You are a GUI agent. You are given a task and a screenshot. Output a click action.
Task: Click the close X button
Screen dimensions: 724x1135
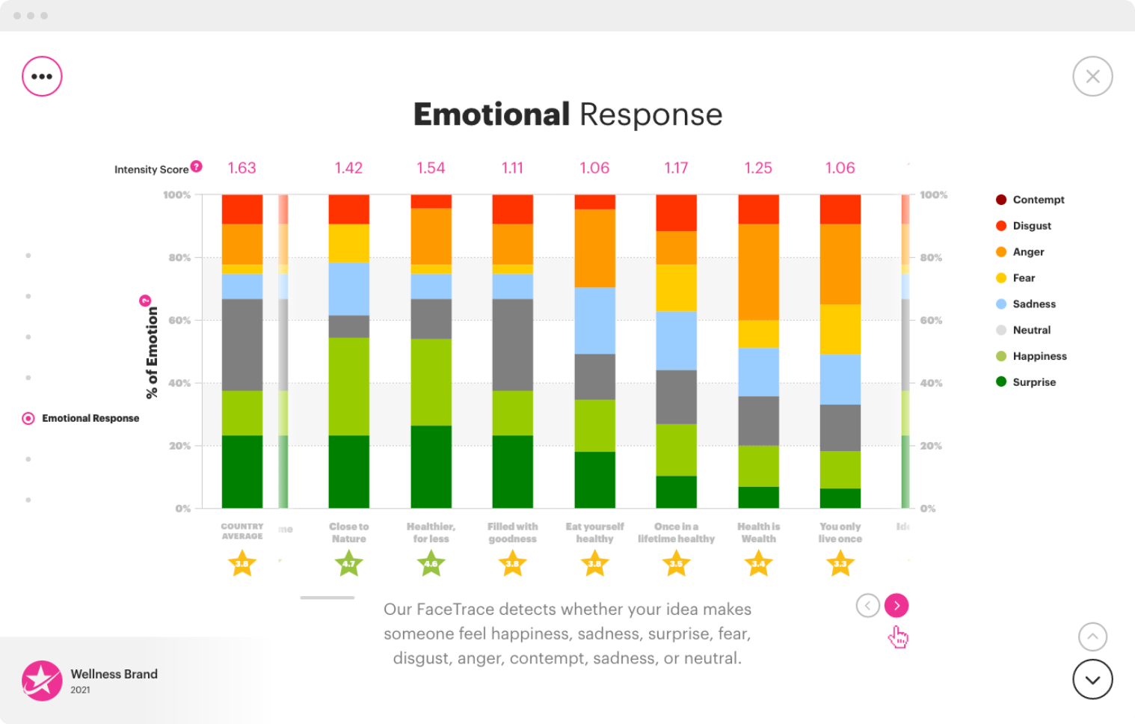(1092, 76)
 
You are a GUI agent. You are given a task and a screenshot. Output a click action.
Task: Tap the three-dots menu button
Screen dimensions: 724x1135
(42, 76)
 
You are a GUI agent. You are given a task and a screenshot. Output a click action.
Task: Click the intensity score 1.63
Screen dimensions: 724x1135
(242, 168)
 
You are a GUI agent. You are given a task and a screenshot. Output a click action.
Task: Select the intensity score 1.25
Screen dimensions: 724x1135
(758, 168)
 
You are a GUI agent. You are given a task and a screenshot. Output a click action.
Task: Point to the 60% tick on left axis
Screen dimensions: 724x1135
(179, 320)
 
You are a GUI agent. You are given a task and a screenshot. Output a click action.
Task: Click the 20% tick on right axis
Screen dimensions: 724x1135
(931, 446)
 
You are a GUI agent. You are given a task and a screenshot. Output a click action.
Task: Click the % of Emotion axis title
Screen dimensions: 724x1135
(153, 352)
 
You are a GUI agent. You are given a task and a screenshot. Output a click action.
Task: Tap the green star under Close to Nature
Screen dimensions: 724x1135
(348, 563)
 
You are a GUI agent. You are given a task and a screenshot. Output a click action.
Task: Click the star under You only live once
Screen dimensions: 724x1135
(840, 563)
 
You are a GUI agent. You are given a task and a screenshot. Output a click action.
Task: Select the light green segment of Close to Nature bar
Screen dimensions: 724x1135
(348, 386)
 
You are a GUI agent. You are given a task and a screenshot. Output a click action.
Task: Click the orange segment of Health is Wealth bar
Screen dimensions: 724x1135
(758, 271)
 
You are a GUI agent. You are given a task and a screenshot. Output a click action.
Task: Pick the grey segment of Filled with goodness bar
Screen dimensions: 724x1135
(512, 344)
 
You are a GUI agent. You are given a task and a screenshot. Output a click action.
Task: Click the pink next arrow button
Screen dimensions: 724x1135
(896, 605)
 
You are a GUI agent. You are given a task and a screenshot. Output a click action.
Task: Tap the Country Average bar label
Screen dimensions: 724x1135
(242, 531)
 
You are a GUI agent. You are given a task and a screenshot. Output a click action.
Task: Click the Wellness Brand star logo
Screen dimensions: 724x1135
(42, 681)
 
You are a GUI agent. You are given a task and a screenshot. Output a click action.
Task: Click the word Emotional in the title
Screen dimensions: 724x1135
(491, 114)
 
